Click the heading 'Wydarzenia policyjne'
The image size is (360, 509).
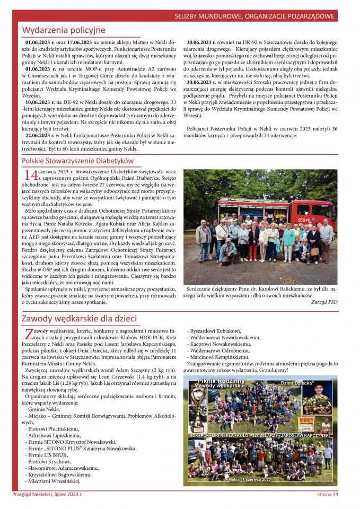(x=64, y=30)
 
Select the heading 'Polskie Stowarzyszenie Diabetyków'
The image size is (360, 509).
(x=77, y=161)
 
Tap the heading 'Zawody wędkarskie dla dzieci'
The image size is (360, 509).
(x=79, y=318)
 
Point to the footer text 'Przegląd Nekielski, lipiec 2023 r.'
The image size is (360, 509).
(x=48, y=494)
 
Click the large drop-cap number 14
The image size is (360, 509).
(x=30, y=174)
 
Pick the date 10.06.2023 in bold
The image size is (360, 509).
(x=40, y=102)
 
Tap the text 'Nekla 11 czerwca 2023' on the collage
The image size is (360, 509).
(x=250, y=479)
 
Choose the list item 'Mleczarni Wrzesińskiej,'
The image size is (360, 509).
(x=57, y=481)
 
